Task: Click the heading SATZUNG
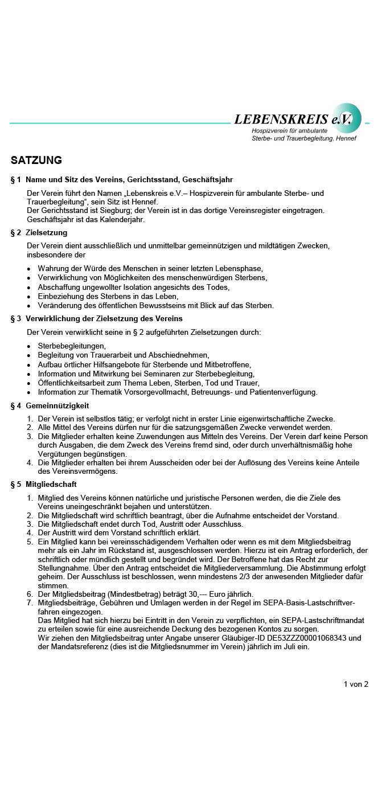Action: click(36, 161)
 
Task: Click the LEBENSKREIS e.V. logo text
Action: click(293, 119)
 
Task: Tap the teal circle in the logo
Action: click(347, 118)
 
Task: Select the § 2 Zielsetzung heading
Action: click(39, 232)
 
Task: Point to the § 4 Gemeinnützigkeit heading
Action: click(50, 406)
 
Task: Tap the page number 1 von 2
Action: click(356, 684)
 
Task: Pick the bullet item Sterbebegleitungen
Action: click(72, 346)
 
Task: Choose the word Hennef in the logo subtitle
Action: click(346, 138)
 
